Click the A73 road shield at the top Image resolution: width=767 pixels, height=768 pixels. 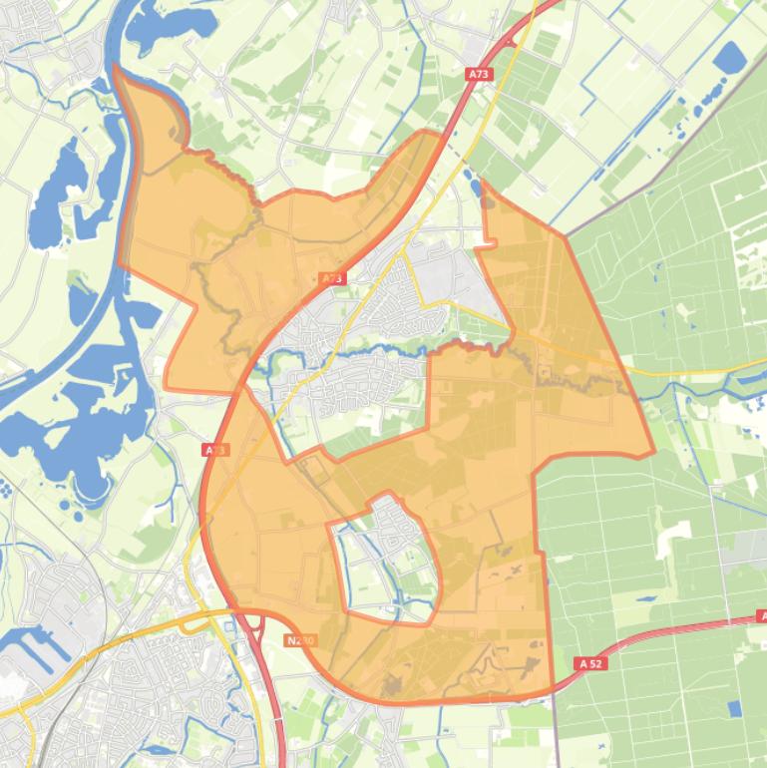[x=480, y=74]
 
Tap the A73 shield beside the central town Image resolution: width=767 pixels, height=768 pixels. [x=333, y=279]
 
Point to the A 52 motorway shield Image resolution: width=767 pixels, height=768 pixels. [x=590, y=662]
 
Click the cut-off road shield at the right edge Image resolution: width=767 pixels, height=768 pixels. [x=761, y=618]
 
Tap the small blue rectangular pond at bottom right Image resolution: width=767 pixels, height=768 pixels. [x=735, y=708]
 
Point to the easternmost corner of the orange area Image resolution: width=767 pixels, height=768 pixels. [x=653, y=453]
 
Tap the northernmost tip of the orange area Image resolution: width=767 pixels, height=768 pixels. [x=116, y=67]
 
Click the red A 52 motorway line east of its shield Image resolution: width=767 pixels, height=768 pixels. [x=678, y=630]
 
